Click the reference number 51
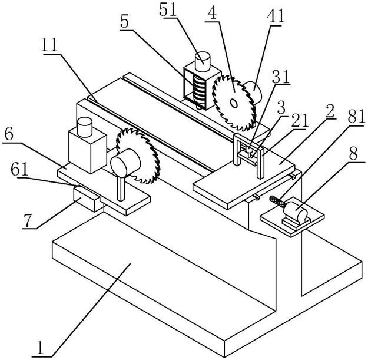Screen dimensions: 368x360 tap(168, 9)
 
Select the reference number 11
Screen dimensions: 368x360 tap(49, 45)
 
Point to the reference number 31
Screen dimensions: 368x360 tap(281, 77)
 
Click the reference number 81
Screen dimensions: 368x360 tap(356, 117)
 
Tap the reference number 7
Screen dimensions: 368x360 tap(26, 220)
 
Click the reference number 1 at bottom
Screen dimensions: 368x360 tap(41, 348)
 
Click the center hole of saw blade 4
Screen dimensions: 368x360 tap(234, 103)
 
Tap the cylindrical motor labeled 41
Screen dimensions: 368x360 tap(253, 91)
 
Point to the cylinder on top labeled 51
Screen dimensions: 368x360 tap(203, 61)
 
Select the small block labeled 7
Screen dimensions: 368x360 tap(87, 199)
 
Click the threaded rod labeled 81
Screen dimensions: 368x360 tap(277, 202)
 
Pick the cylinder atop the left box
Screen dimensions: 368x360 tap(84, 127)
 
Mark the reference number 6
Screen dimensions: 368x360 tap(8, 135)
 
